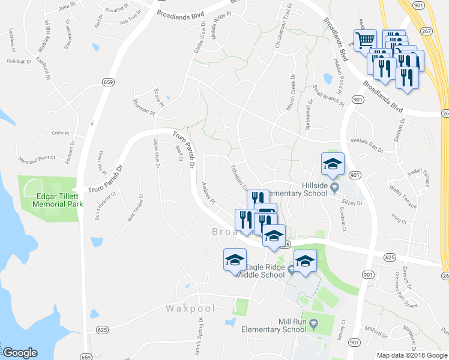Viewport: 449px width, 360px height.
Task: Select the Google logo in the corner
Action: coord(20,352)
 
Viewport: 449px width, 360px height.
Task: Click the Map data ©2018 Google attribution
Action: coord(412,355)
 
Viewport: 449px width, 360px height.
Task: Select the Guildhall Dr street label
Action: coord(19,62)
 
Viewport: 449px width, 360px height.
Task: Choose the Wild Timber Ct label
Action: coord(135,207)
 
